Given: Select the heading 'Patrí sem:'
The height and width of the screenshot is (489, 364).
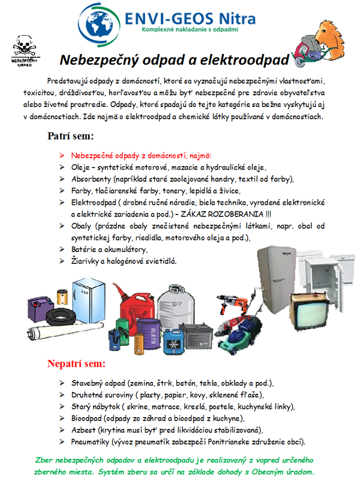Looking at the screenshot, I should (71, 136).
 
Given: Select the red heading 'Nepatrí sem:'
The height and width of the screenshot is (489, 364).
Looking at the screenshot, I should (76, 364).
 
